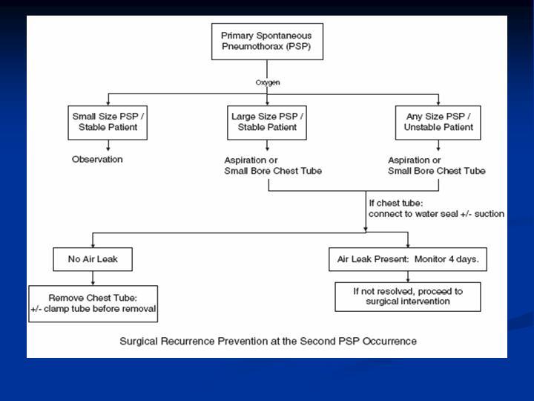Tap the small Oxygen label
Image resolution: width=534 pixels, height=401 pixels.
coord(268,82)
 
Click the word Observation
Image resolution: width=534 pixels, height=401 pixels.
coord(97,159)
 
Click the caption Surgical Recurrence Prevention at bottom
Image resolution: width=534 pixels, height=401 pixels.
coord(268,341)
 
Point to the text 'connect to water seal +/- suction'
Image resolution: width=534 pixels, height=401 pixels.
coord(436,214)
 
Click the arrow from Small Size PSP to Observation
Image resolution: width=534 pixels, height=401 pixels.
coord(108,146)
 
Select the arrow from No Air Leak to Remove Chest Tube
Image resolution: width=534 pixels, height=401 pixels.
coord(93,278)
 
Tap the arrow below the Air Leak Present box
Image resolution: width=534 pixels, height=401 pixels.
coord(408,276)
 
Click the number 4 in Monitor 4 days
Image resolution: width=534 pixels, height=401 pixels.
coord(451,259)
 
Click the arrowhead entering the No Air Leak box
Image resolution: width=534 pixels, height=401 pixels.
coord(93,245)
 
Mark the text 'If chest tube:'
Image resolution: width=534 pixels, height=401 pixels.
coord(396,203)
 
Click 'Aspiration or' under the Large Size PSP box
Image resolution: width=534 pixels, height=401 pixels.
coord(251,160)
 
